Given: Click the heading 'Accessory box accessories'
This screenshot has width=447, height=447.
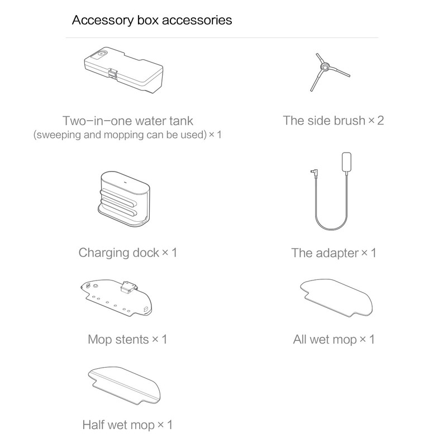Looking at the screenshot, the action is tap(151, 21).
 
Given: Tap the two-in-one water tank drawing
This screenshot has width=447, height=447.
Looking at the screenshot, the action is tap(123, 70).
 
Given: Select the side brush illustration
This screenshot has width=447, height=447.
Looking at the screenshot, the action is tap(330, 72).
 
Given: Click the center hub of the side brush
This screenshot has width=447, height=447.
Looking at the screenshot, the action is tap(325, 67).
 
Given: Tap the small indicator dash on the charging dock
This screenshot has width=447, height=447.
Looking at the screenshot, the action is tap(123, 180).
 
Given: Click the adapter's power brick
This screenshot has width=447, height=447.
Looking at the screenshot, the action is tap(346, 162).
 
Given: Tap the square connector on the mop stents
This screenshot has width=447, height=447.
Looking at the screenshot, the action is tap(129, 287).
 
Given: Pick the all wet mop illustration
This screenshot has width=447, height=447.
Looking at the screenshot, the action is tap(336, 298).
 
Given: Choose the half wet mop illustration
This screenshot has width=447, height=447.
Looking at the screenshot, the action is tap(124, 386).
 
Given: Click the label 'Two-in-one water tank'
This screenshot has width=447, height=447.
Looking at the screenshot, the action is tap(128, 121).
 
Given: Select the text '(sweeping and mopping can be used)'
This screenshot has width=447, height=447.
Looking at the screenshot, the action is tap(120, 135).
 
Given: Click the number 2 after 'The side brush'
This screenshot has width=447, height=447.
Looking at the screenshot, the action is tap(381, 121).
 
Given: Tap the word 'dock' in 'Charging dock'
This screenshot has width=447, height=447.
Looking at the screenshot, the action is tap(146, 253).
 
